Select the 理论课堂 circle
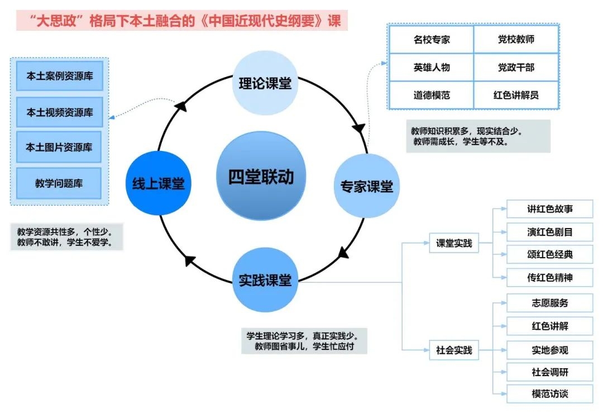tap(265, 83)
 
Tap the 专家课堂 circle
tap(367, 186)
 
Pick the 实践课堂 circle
tap(265, 280)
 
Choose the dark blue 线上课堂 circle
tap(159, 183)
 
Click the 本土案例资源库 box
tap(60, 77)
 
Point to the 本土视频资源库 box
tap(60, 112)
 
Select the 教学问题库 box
tap(60, 183)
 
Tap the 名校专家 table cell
tap(432, 40)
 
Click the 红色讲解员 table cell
tap(516, 95)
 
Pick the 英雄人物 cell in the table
tap(432, 67)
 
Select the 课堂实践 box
tap(454, 243)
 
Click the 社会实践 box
tap(454, 350)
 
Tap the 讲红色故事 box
tap(550, 209)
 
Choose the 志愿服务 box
tap(550, 303)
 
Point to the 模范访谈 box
tap(550, 393)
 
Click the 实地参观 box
tap(550, 350)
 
